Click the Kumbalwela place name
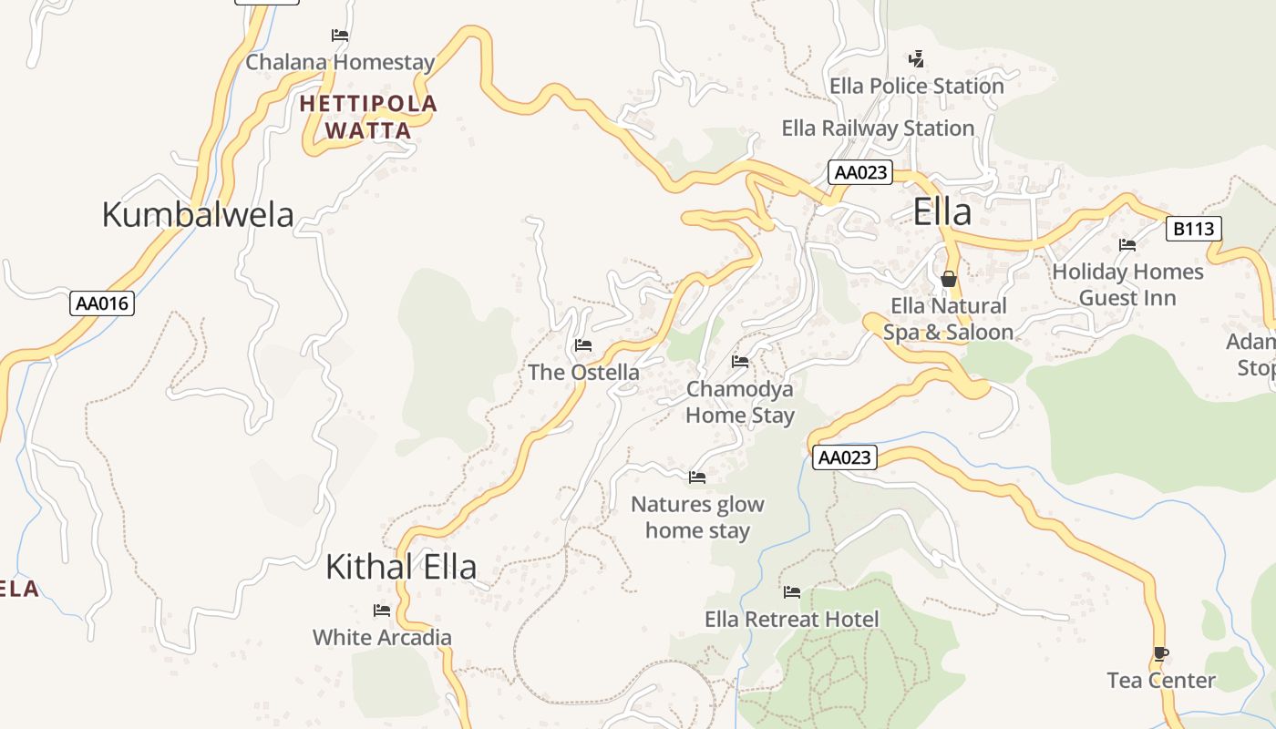coord(198,215)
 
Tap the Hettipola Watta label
coord(368,117)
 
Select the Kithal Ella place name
coord(401,567)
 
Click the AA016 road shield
coord(102,303)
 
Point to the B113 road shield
coord(1193,229)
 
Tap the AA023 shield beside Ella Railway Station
coord(860,172)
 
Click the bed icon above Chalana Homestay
coord(340,36)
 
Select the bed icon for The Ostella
coord(583,345)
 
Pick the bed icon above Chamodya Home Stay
coord(740,362)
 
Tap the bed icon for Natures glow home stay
coord(697,477)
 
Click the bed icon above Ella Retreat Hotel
coord(792,592)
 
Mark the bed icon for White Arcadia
coord(382,610)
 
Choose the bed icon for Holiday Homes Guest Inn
coord(1127,244)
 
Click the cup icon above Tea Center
coord(1160,653)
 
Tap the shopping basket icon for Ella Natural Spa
coord(949,279)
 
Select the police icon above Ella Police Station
coord(916,59)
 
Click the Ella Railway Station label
coord(878,128)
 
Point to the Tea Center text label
coord(1161,681)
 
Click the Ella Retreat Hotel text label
coord(791,620)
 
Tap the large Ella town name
coord(942,212)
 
